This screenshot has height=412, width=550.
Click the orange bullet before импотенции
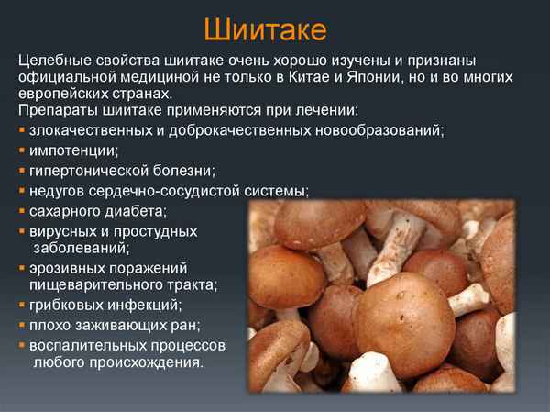(22, 150)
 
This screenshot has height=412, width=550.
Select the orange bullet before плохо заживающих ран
(22, 326)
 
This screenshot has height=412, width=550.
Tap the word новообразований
(378, 129)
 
